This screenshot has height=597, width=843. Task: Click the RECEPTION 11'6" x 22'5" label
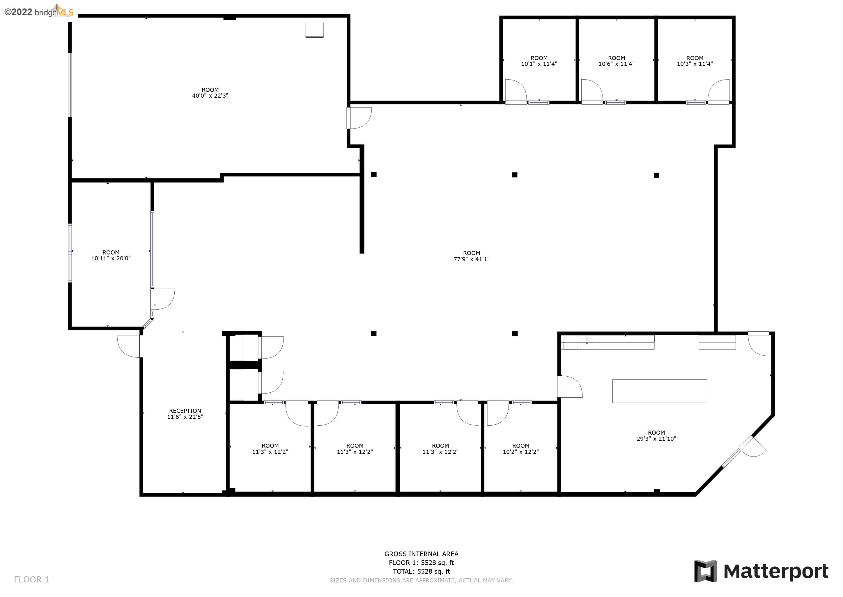coord(185,414)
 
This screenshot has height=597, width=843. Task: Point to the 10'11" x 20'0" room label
coord(111,255)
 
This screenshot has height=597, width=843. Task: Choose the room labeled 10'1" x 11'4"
coord(539,61)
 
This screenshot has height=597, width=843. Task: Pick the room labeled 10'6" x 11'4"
coord(617,61)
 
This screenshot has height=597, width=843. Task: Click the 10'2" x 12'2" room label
coord(521,449)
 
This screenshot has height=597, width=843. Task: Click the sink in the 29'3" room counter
coord(587,343)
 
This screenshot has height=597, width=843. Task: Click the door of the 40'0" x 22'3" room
coord(360,118)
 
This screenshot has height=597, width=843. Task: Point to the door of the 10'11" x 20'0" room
coord(163,299)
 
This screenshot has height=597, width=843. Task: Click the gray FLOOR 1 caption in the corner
coord(31,580)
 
